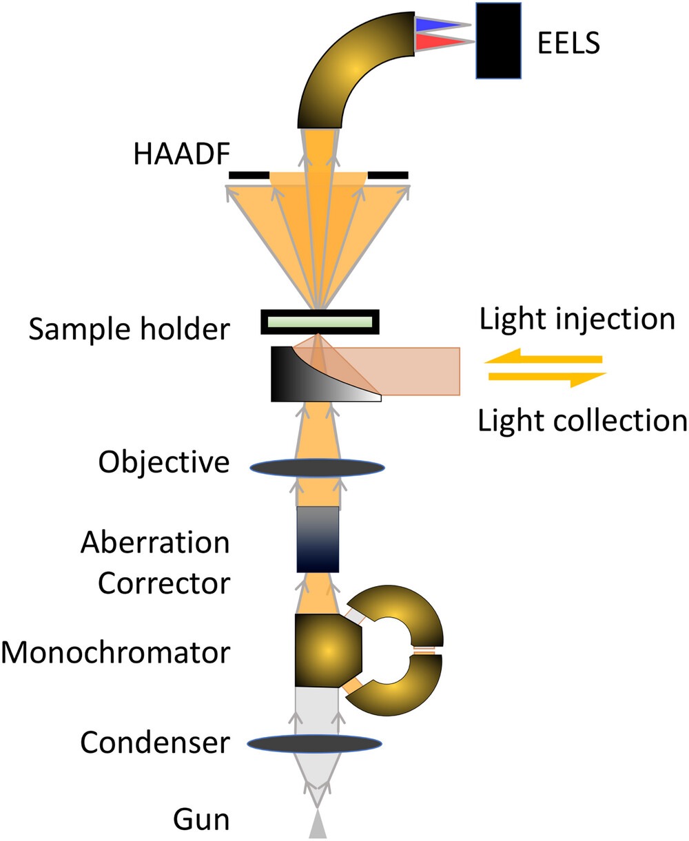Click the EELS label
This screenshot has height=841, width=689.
coord(568,43)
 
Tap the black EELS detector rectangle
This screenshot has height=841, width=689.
coord(497,41)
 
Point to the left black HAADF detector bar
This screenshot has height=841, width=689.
coord(248,176)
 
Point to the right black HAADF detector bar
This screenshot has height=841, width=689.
coord(388,176)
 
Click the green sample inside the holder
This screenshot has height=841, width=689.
coord(319,322)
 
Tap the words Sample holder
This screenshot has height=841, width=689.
coord(129,329)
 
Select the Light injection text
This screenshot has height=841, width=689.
coord(577,320)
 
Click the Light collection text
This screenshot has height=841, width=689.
coord(582,420)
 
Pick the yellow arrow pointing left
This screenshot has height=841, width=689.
coord(544,359)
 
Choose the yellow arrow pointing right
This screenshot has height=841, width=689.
coord(548,377)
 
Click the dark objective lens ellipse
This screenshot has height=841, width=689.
coord(317,467)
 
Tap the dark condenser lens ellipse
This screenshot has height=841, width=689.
coord(314,743)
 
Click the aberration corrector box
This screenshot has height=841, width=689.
coord(318,539)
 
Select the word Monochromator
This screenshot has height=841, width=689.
coord(115,652)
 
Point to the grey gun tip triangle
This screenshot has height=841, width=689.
coord(316,826)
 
